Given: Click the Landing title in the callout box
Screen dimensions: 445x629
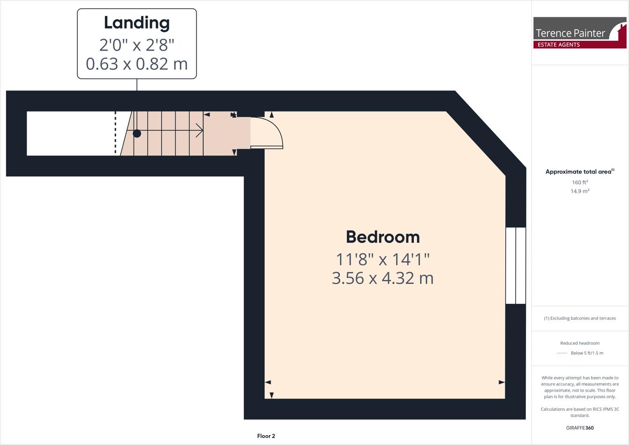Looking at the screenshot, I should tap(136, 23).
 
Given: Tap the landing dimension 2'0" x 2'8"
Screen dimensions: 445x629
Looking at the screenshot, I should tap(136, 45).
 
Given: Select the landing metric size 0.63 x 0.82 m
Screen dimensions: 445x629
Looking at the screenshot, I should tap(136, 64).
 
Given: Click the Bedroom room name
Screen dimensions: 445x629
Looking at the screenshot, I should tap(382, 237).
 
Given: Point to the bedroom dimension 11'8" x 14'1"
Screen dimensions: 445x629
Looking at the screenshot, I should tap(382, 259).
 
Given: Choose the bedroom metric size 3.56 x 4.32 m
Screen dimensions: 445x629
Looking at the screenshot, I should tap(382, 278).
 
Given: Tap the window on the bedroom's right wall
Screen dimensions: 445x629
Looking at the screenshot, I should tap(516, 265).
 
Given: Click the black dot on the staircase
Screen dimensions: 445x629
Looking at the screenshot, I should tap(137, 134).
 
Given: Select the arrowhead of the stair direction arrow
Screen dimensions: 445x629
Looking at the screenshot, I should tap(200, 131).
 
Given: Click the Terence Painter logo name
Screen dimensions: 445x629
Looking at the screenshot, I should tap(570, 33).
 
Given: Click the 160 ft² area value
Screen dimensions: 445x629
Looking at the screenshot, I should tap(580, 182).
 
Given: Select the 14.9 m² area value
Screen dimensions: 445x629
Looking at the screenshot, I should tap(580, 191).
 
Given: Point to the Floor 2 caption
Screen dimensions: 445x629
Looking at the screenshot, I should tap(266, 436).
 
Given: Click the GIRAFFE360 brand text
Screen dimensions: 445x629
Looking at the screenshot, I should tap(580, 428).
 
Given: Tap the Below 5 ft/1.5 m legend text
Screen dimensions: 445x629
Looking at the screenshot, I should tap(587, 353).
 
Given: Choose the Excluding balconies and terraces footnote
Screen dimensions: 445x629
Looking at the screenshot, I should tap(580, 318).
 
